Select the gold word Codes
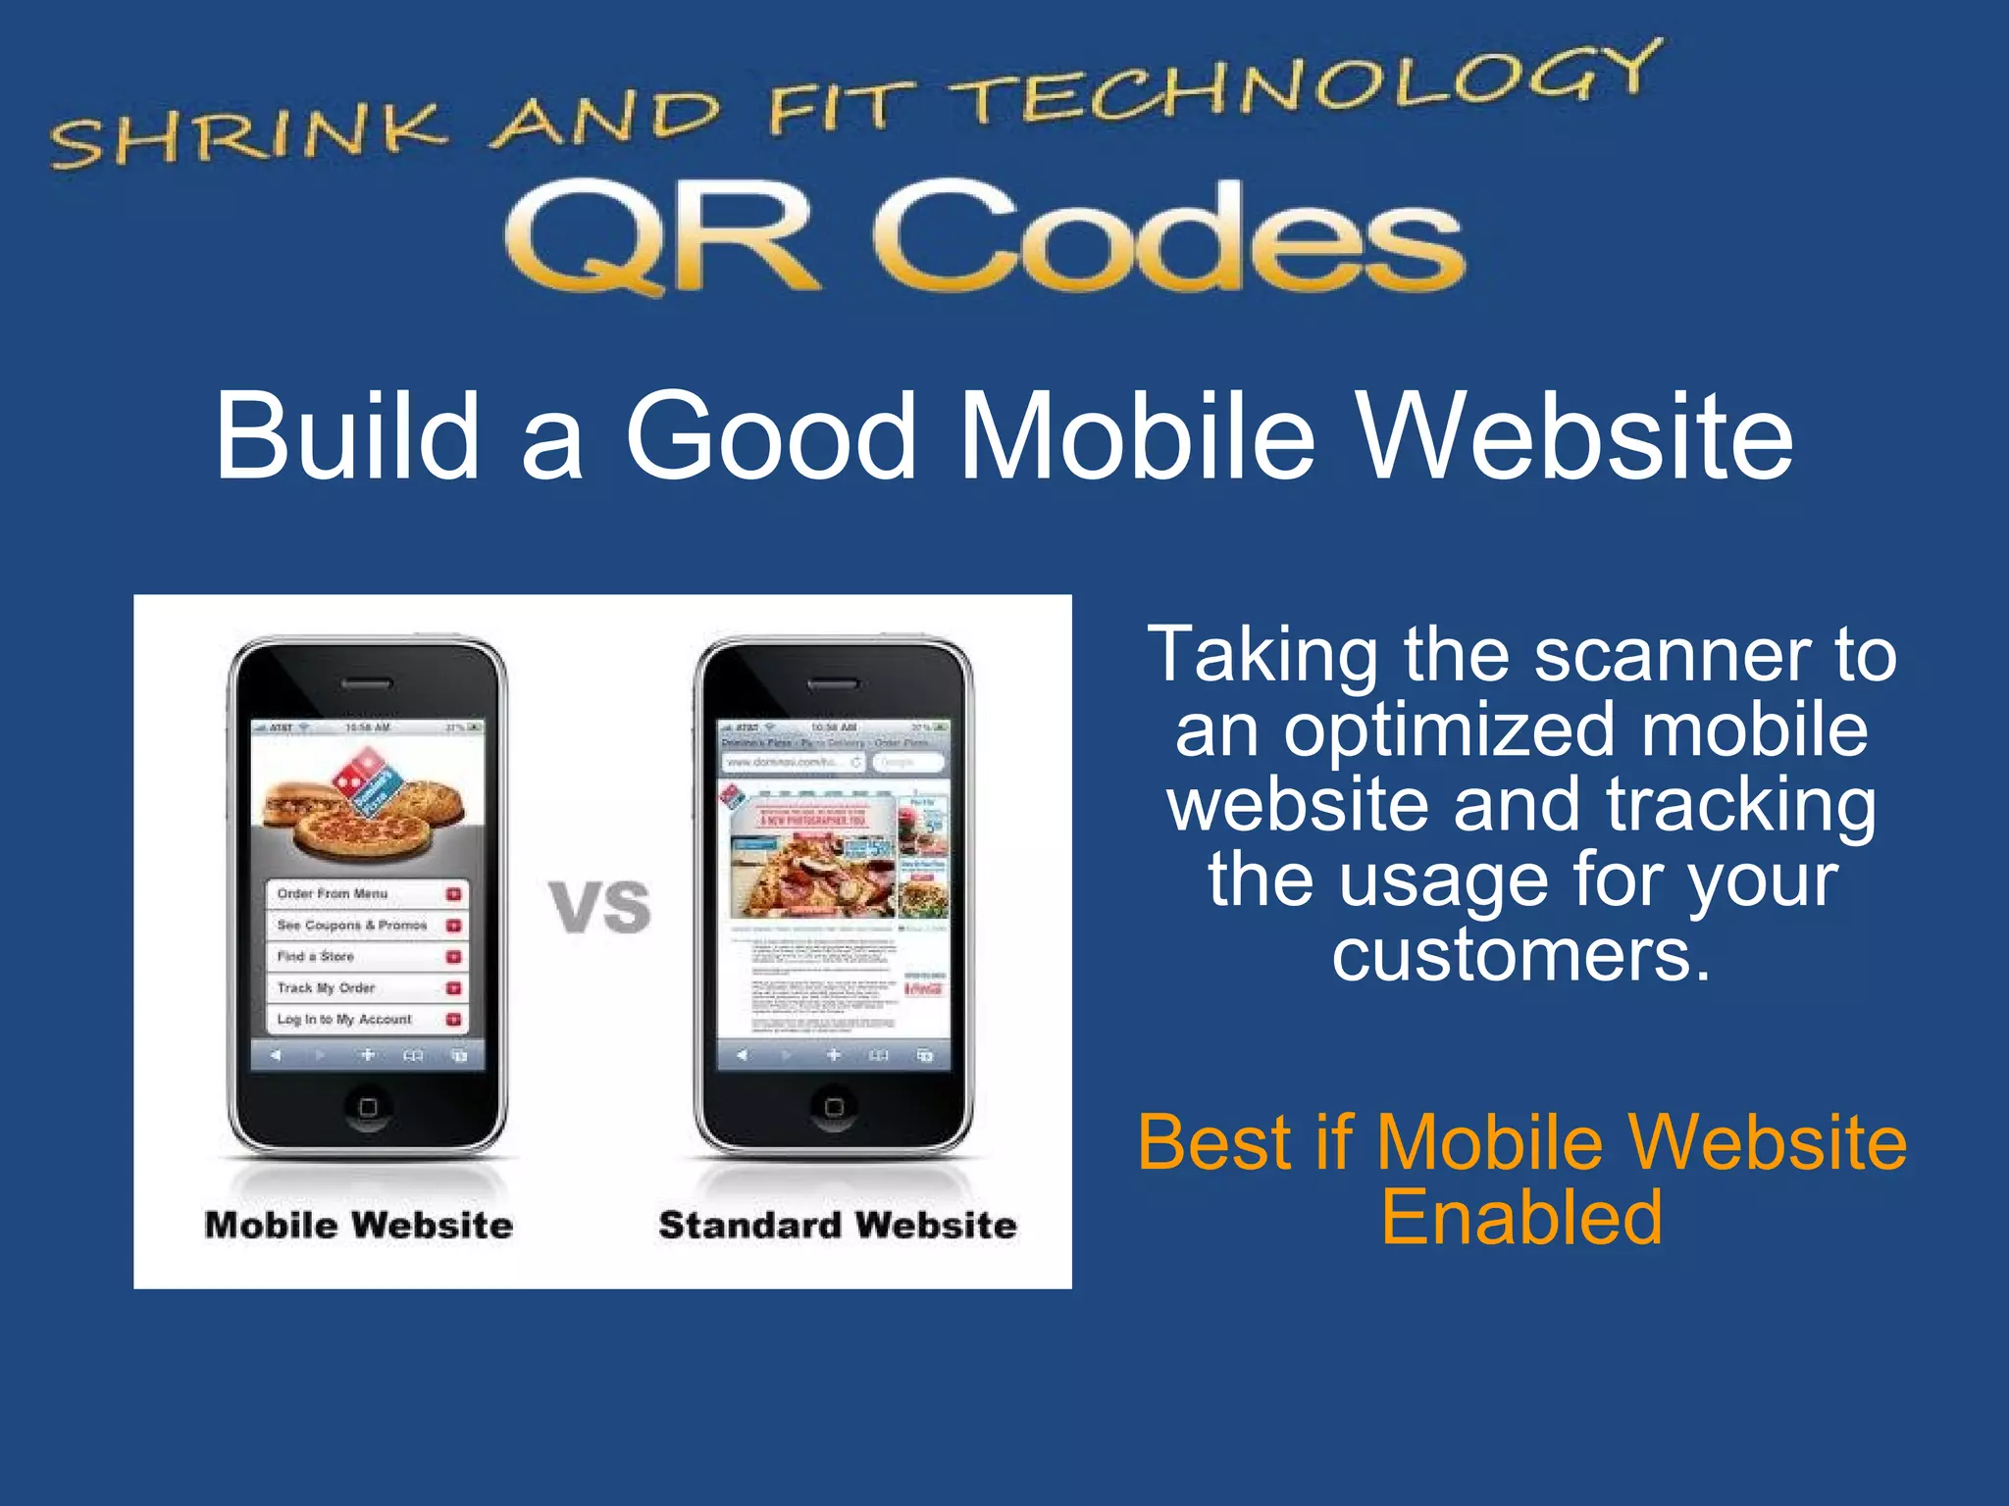pos(1167,238)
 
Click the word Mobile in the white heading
pos(1138,436)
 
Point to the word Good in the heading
pos(770,436)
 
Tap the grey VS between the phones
pos(599,906)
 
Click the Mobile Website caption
pos(359,1226)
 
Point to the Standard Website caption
pos(838,1226)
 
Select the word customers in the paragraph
pos(1520,955)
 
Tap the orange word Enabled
pos(1521,1218)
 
